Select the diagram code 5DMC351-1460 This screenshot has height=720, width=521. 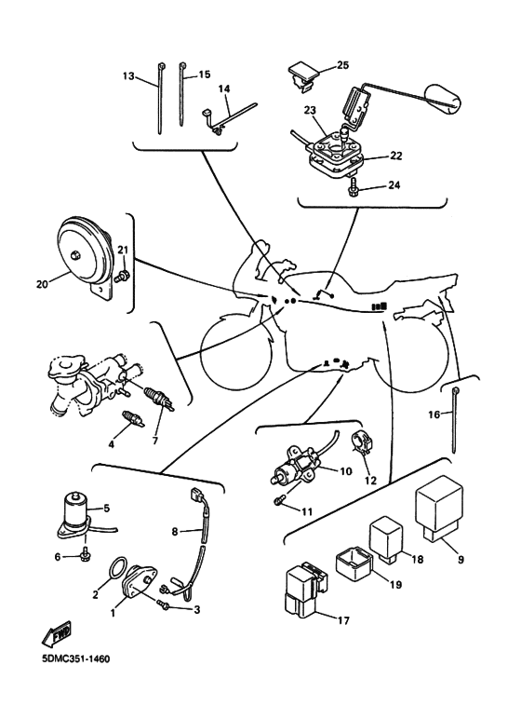[75, 659]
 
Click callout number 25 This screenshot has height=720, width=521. [342, 65]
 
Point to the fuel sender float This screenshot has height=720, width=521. [442, 99]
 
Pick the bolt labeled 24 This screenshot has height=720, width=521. [354, 185]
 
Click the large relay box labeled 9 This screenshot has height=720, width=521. [438, 509]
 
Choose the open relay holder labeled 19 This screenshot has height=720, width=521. [354, 563]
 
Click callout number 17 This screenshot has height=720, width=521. [343, 621]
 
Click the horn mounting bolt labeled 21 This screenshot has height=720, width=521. [123, 276]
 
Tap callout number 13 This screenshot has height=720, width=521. [128, 75]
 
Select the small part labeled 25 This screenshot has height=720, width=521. [304, 75]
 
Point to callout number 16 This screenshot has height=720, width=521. [434, 414]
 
